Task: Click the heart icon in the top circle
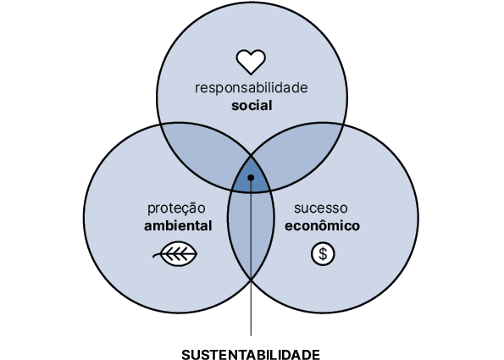pos(251,62)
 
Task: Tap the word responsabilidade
pos(252,88)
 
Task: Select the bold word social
pos(252,105)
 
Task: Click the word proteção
pos(176,208)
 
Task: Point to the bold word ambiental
pos(178,225)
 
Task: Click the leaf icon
pos(175,253)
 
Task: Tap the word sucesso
pos(321,208)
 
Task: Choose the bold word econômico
pos(323,225)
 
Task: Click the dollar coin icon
pos(323,254)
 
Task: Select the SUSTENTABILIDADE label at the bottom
pos(251,354)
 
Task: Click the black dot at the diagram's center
pos(251,177)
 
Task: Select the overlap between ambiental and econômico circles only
pos(251,231)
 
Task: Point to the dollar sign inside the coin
pos(323,254)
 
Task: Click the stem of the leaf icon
pos(157,256)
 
